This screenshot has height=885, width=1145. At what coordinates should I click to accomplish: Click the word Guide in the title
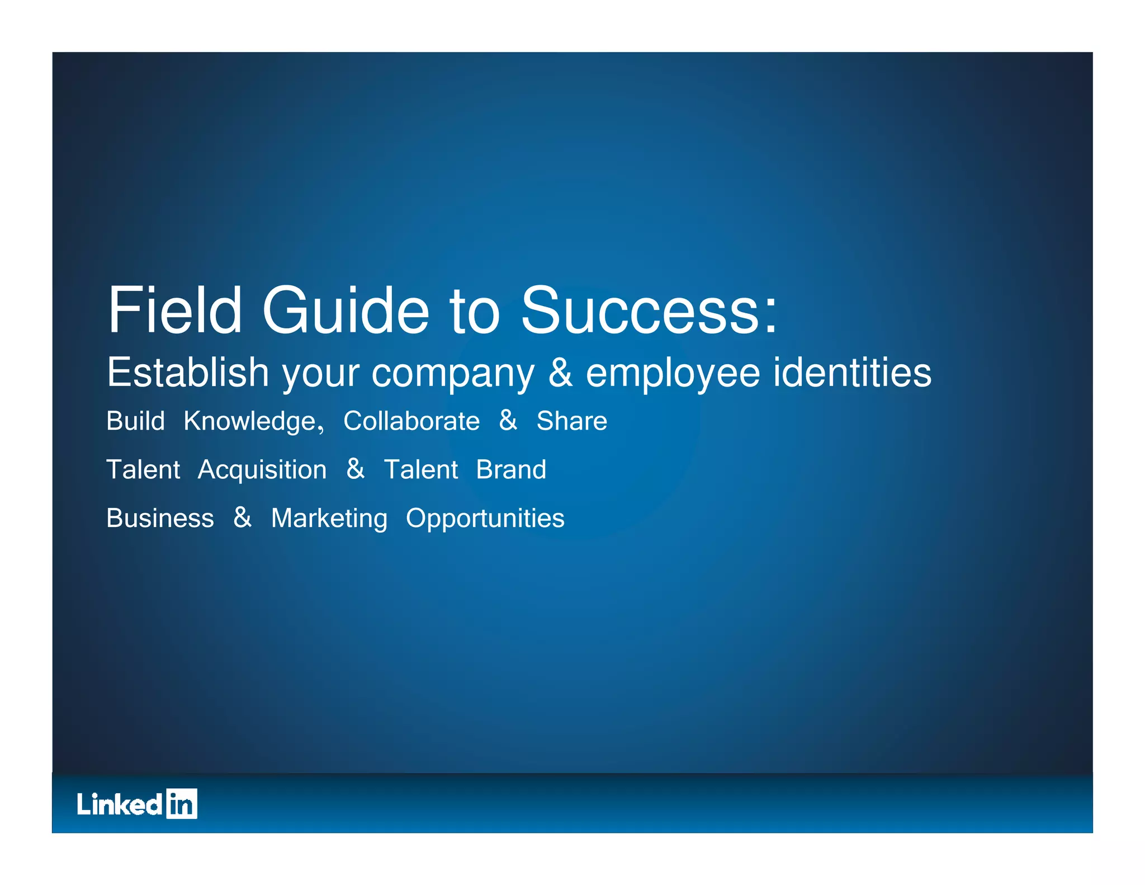345,310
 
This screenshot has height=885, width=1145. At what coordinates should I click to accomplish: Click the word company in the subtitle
453,374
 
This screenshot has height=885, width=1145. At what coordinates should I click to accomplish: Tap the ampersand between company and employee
560,373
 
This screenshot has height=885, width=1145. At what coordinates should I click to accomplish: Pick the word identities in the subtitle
852,373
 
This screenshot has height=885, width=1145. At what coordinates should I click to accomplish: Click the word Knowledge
253,421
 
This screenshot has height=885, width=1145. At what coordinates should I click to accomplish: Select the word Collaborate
411,421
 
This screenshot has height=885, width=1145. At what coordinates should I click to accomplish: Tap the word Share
571,421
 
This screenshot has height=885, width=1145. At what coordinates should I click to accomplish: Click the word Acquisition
262,470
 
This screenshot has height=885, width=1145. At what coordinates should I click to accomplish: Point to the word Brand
511,470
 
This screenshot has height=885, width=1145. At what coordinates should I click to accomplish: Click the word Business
160,519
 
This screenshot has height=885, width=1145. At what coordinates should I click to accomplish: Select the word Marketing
329,519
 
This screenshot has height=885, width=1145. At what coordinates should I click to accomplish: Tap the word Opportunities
485,519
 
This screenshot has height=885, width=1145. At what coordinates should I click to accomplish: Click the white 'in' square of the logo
182,804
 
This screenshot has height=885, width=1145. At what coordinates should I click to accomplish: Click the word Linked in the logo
120,804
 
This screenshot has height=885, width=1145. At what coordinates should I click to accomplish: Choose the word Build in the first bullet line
135,421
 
